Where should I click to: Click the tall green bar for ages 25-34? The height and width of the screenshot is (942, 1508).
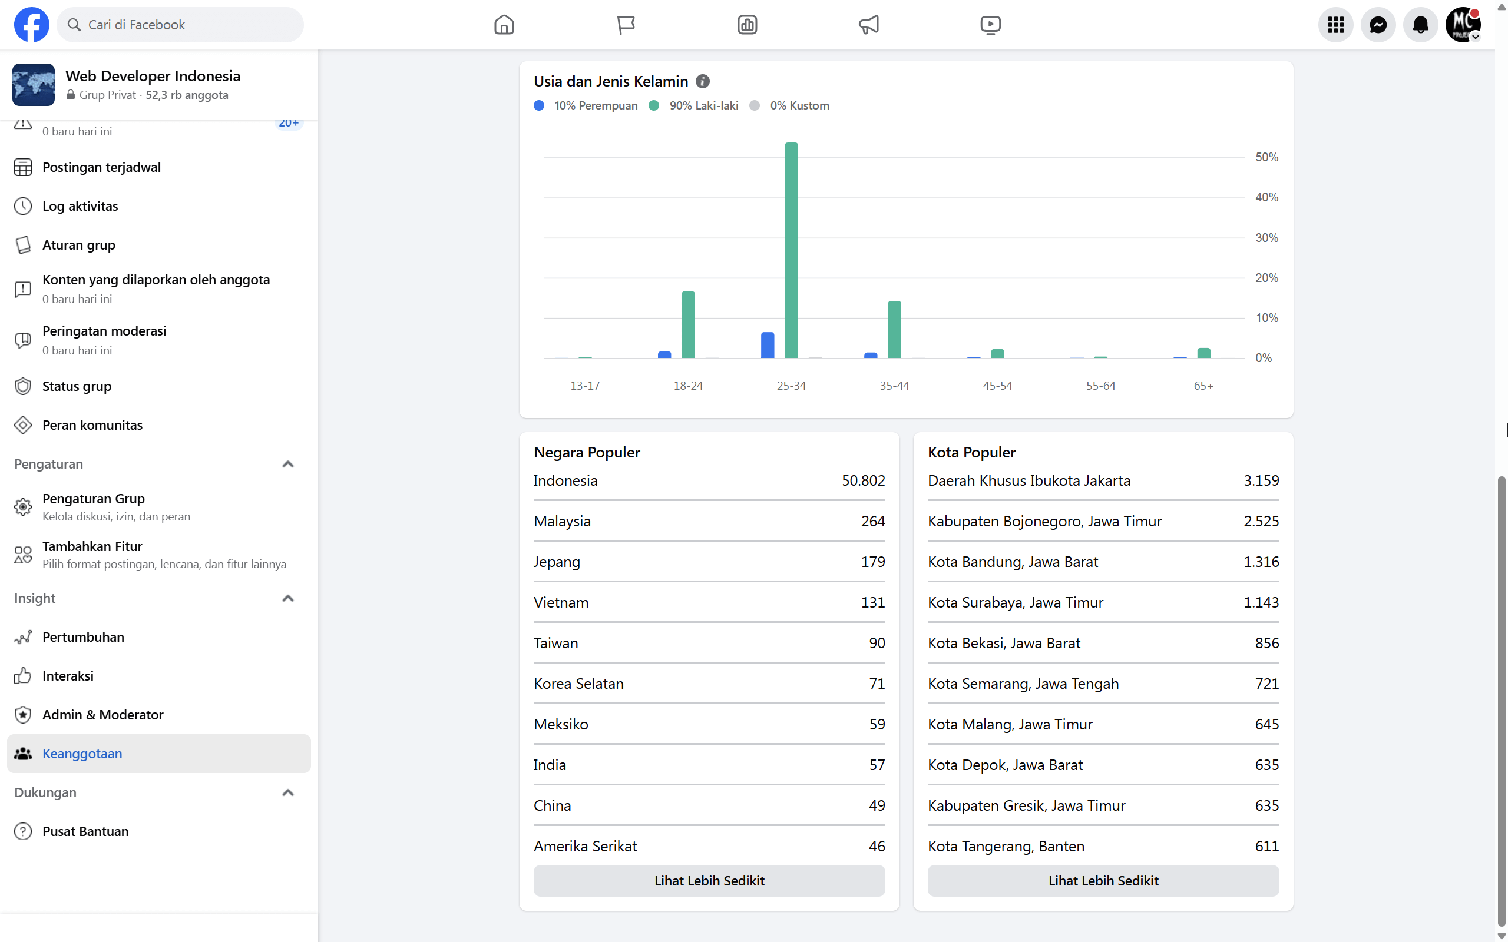click(x=791, y=250)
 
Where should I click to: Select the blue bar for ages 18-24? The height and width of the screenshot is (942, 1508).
click(x=664, y=354)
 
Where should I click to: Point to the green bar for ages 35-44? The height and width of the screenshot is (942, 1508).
click(x=894, y=330)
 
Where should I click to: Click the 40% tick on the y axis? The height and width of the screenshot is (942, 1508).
click(x=1266, y=197)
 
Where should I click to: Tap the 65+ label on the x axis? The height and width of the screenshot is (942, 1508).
click(x=1203, y=386)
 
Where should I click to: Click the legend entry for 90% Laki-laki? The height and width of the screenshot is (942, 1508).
click(x=693, y=105)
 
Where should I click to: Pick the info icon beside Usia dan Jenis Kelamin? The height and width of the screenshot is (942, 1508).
click(x=702, y=82)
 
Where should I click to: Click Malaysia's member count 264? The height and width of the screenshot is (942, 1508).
click(x=872, y=521)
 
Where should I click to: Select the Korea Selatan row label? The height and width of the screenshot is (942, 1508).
click(x=578, y=684)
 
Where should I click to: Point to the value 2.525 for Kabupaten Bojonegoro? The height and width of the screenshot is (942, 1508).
click(x=1261, y=521)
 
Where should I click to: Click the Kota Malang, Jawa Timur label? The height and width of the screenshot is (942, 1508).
click(x=1010, y=724)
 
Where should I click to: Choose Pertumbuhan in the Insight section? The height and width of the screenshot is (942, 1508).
click(x=83, y=636)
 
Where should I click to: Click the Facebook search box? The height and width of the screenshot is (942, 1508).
click(x=180, y=25)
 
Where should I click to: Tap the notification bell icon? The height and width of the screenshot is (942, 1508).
click(x=1420, y=25)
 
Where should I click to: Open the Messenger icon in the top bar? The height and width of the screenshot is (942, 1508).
click(x=1378, y=25)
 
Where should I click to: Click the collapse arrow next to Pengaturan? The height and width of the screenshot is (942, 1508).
click(x=287, y=464)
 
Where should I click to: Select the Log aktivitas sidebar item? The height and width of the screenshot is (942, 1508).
click(x=80, y=206)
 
